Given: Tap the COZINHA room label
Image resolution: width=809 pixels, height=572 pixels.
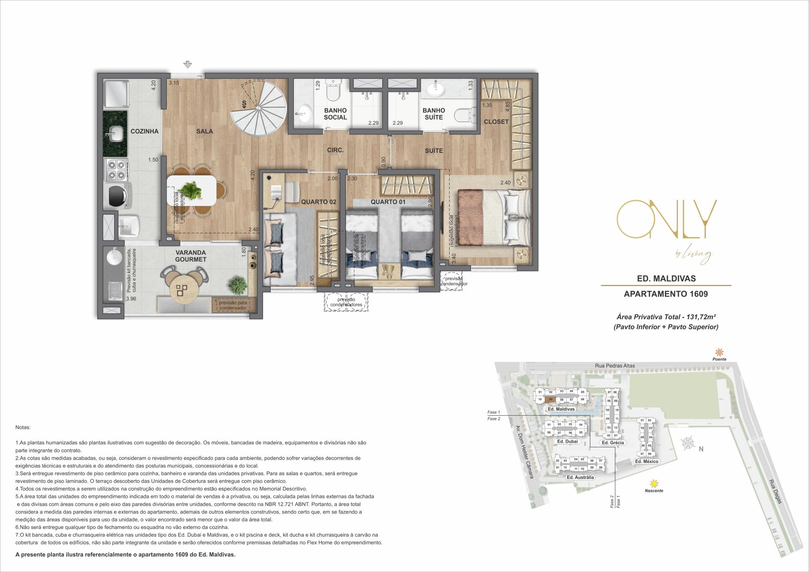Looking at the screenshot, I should coord(144,131).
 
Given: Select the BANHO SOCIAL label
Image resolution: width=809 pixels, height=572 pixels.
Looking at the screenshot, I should coord(335,114).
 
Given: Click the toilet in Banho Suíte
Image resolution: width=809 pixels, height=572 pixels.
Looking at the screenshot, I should coord(468,115).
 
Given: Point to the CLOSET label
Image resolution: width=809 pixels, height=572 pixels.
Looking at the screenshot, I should coord(496,122).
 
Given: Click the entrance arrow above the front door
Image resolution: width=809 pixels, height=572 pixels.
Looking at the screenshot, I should coord(188,65).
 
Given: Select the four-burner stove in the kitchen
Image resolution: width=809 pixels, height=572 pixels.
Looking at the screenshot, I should coord(117,169).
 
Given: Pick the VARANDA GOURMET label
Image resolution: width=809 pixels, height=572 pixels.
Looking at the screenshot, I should coord(191,256).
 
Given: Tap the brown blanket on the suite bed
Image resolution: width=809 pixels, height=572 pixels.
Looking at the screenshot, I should coord(469,218).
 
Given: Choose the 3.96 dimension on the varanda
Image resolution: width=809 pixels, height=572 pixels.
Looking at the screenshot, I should coord(131,299).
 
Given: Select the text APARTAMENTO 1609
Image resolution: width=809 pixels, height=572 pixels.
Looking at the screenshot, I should coord(665,294).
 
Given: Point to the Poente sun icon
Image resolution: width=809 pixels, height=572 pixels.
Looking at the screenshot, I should coord(719,352).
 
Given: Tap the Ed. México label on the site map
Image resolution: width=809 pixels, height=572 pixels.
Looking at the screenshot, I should coord(646,462).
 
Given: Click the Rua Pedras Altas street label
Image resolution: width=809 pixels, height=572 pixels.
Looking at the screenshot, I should coord(615,366).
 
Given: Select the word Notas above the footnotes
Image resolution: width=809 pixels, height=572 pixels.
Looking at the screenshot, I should coord(23,427).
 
